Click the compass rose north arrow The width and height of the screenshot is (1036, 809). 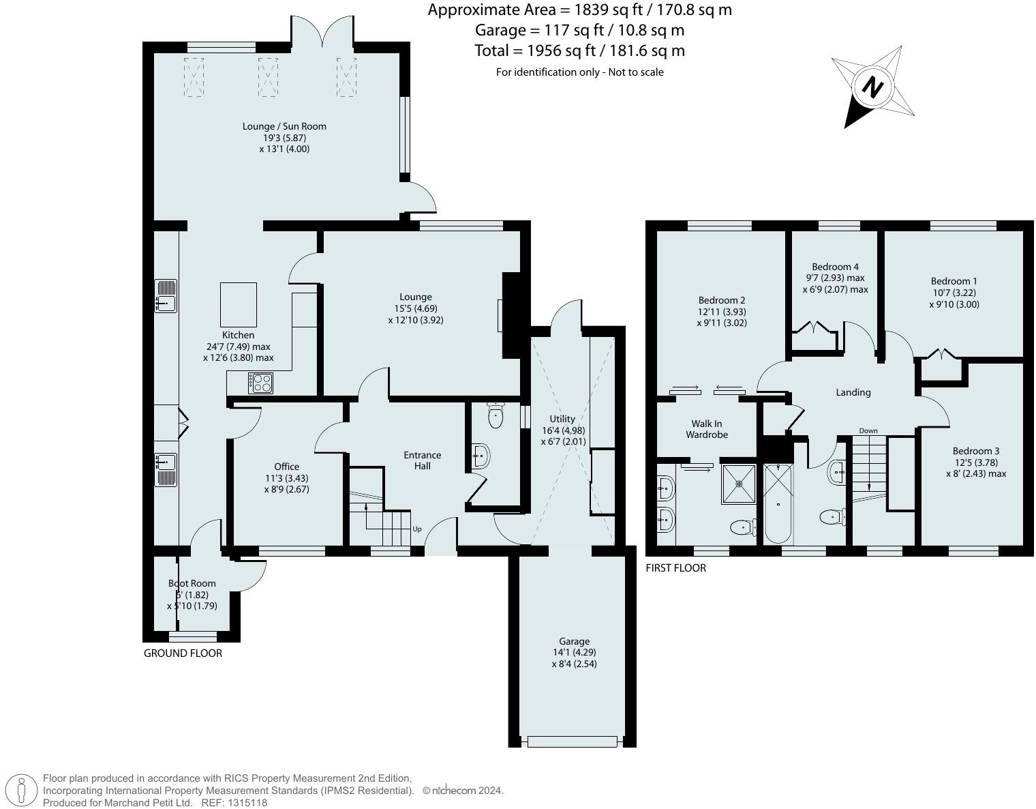point(872,87)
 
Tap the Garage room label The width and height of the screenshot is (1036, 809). point(574,641)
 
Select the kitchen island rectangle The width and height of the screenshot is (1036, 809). point(239,304)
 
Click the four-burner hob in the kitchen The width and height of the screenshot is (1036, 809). point(260,383)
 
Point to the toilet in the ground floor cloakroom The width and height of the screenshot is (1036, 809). point(496,415)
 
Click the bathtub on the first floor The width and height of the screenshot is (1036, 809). point(778,504)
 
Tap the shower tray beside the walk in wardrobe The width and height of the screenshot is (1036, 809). point(739,484)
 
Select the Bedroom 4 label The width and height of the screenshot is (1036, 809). point(835,267)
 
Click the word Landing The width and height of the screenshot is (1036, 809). point(853,392)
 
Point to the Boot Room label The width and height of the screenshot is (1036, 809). point(192,583)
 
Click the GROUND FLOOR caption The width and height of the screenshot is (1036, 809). point(183,653)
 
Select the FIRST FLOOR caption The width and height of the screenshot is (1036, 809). point(675,568)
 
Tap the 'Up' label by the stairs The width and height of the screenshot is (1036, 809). point(416,529)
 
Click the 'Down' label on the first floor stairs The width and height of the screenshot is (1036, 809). point(868,430)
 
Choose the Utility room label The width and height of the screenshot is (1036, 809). point(562,419)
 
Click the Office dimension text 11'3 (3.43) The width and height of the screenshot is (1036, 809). point(286,478)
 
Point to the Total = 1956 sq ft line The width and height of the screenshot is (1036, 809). point(579,50)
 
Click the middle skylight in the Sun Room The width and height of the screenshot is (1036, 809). point(268,76)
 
